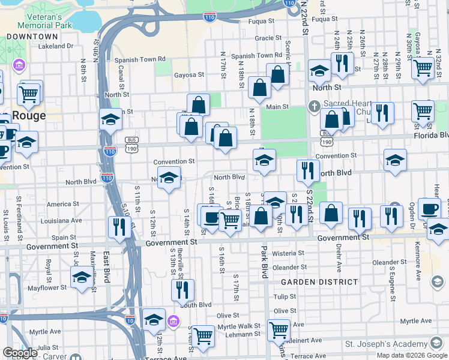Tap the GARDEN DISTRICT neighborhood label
point(312,281)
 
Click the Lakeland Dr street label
point(55,46)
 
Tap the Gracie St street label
point(264,38)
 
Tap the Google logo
point(20,353)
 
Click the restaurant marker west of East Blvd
point(118,227)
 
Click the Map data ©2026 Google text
point(411,355)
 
